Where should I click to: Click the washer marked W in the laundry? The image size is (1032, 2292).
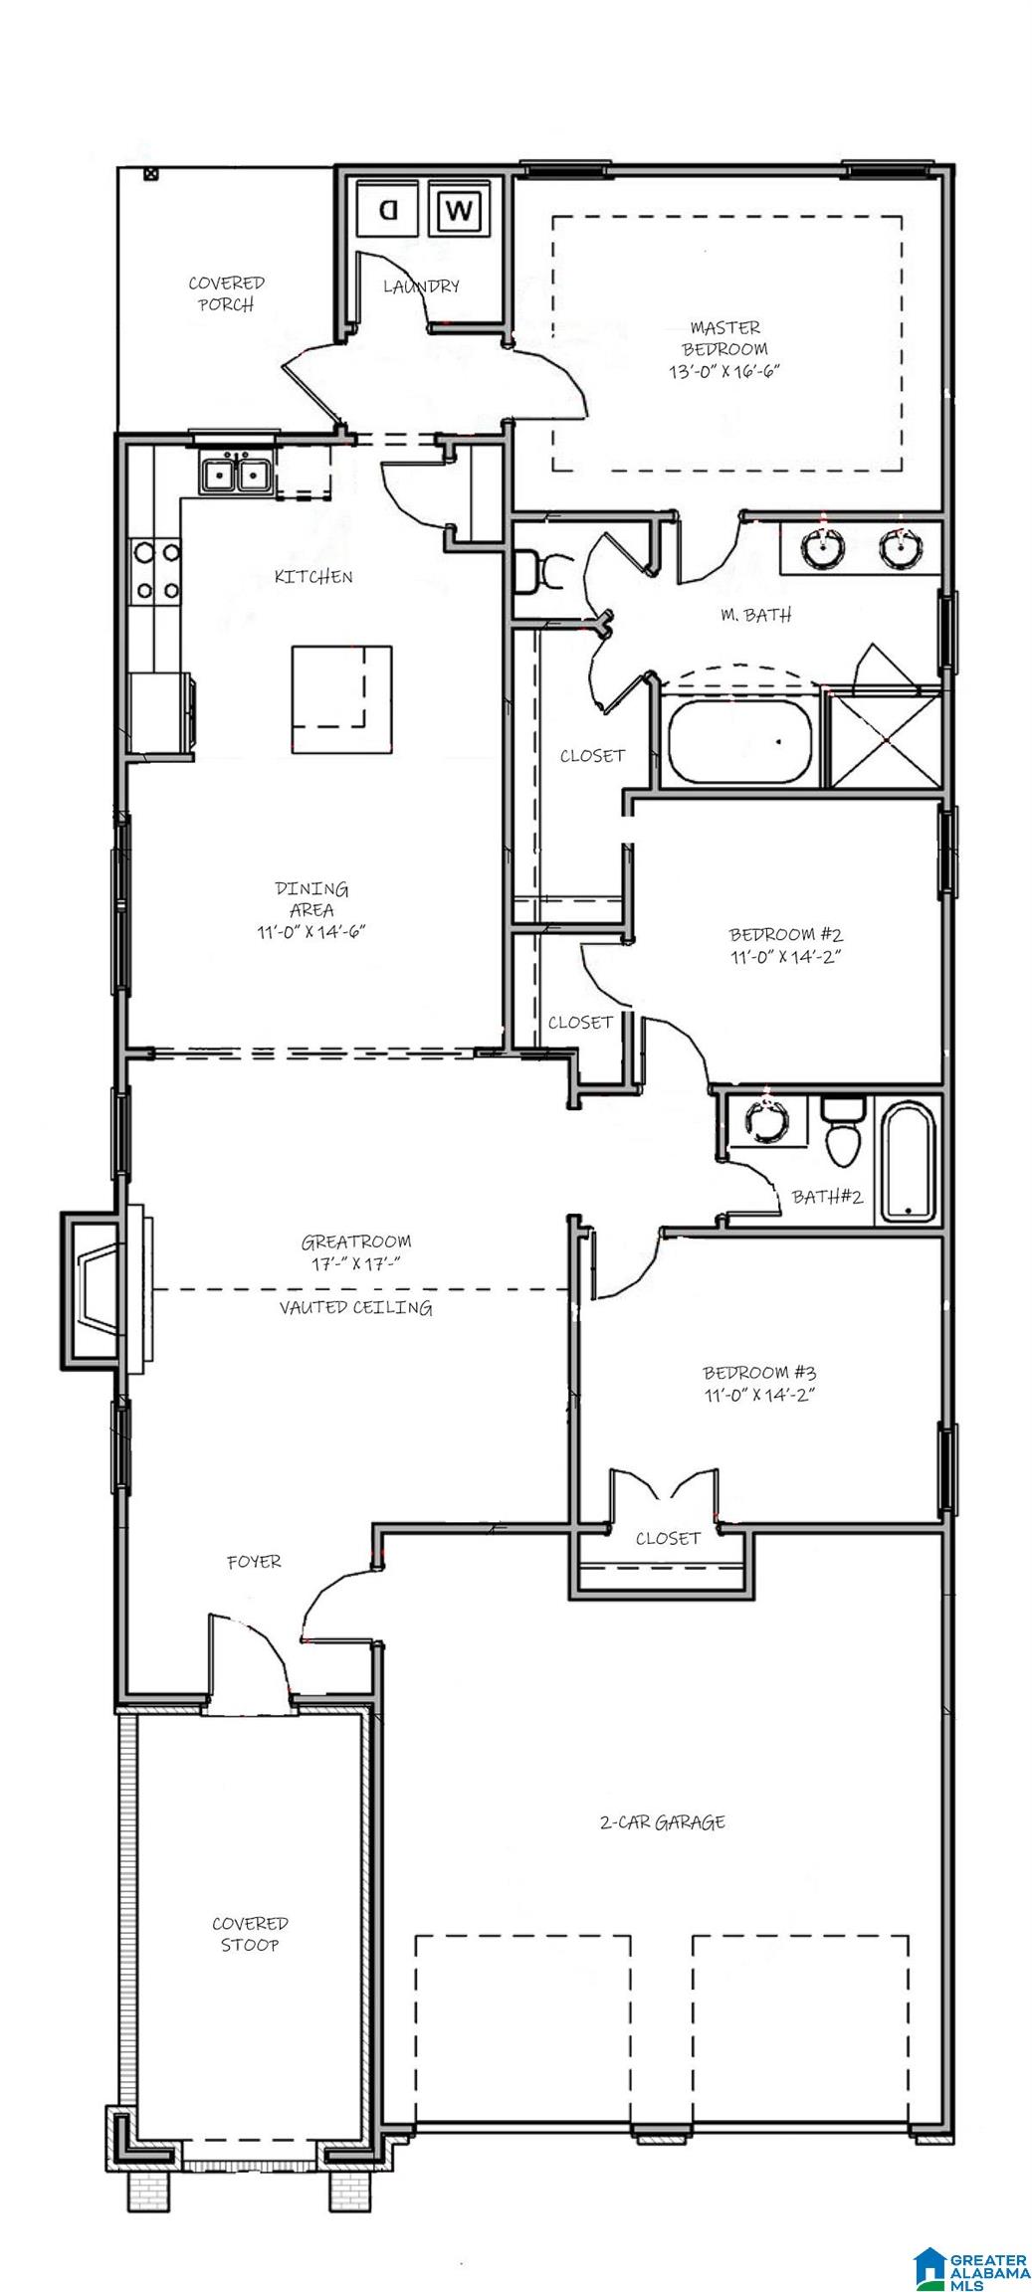pyautogui.click(x=460, y=209)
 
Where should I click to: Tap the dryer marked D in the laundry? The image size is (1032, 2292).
pyautogui.click(x=388, y=209)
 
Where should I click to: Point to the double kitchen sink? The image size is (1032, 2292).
pyautogui.click(x=236, y=475)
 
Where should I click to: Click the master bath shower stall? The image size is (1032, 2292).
pyautogui.click(x=884, y=739)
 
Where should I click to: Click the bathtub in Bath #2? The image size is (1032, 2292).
pyautogui.click(x=907, y=1161)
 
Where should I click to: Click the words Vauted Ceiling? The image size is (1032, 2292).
pyautogui.click(x=355, y=1307)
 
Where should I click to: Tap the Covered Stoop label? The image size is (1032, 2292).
pyautogui.click(x=249, y=1933)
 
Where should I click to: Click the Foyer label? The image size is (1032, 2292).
pyautogui.click(x=254, y=1561)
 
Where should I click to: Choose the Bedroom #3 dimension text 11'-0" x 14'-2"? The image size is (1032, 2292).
pyautogui.click(x=759, y=1394)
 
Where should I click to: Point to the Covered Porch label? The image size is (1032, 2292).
pyautogui.click(x=226, y=293)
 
